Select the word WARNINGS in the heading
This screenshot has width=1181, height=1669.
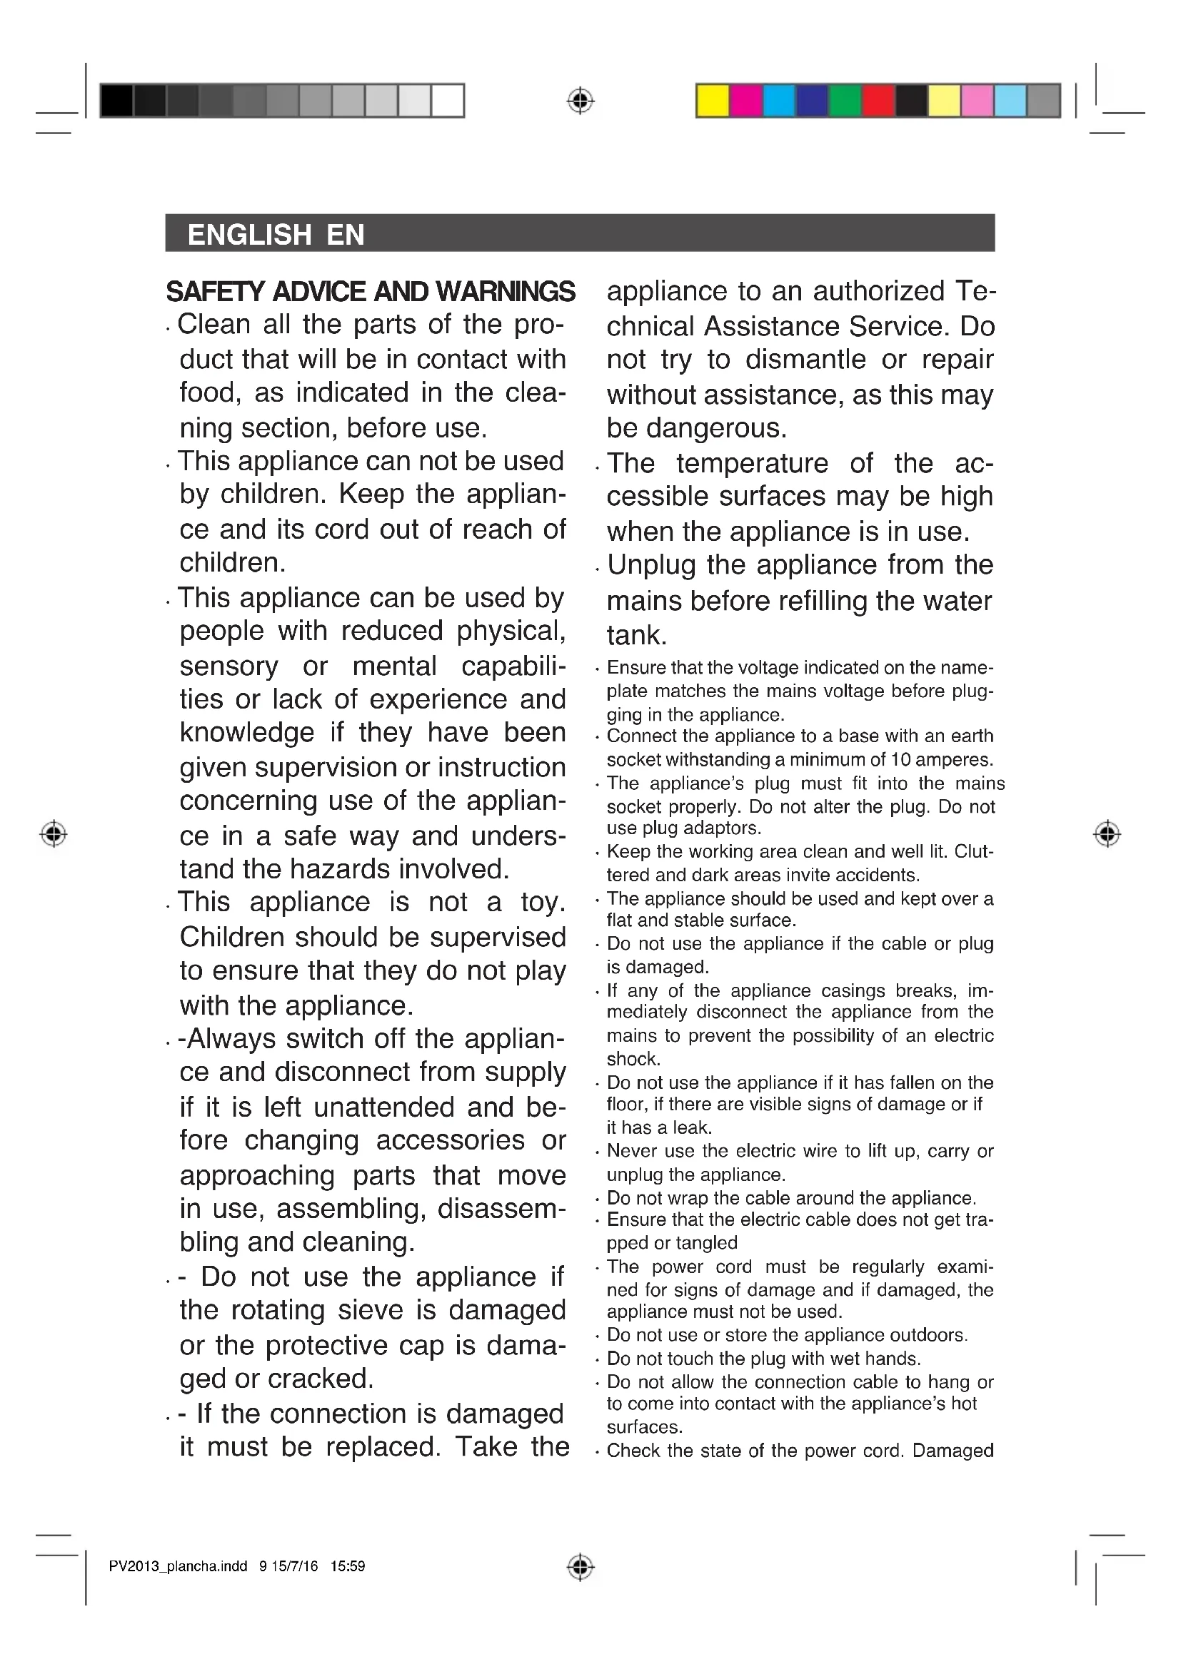click(507, 292)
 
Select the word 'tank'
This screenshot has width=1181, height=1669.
click(635, 636)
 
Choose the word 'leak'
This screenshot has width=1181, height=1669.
click(696, 1127)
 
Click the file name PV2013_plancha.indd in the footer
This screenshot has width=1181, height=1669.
click(178, 1566)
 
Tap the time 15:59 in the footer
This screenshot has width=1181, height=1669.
click(348, 1566)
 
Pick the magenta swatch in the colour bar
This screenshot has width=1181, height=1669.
click(745, 101)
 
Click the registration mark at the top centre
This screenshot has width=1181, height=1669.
click(580, 101)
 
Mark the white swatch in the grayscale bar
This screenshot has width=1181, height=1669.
click(448, 101)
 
